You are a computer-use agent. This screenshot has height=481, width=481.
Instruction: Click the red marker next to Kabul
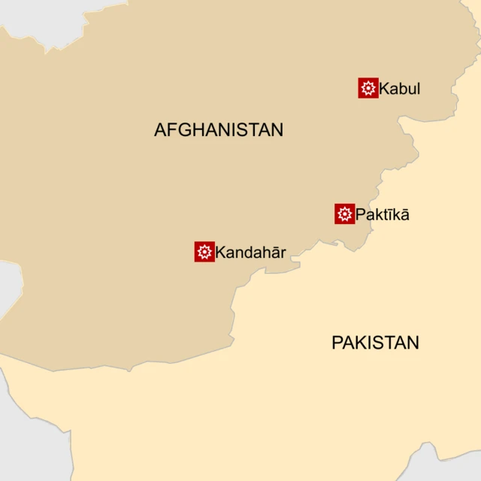(368, 89)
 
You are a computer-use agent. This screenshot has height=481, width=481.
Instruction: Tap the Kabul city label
(400, 89)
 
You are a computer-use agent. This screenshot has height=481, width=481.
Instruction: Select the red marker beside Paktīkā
(345, 214)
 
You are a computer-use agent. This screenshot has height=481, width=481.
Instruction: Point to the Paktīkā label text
(383, 215)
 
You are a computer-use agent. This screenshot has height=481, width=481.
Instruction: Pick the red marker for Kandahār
(204, 252)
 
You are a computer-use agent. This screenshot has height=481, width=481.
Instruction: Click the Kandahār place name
(250, 253)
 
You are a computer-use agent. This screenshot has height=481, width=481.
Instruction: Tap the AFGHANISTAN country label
(219, 130)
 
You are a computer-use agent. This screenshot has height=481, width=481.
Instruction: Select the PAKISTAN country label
(375, 343)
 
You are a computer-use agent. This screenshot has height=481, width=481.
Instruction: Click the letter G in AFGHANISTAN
(182, 130)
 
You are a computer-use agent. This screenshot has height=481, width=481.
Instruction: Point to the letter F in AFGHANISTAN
(170, 130)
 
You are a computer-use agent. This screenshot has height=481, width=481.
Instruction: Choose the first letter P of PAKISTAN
(337, 343)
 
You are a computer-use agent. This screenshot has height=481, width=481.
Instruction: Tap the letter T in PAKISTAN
(388, 343)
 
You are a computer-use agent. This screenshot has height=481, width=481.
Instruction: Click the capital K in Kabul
(384, 89)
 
